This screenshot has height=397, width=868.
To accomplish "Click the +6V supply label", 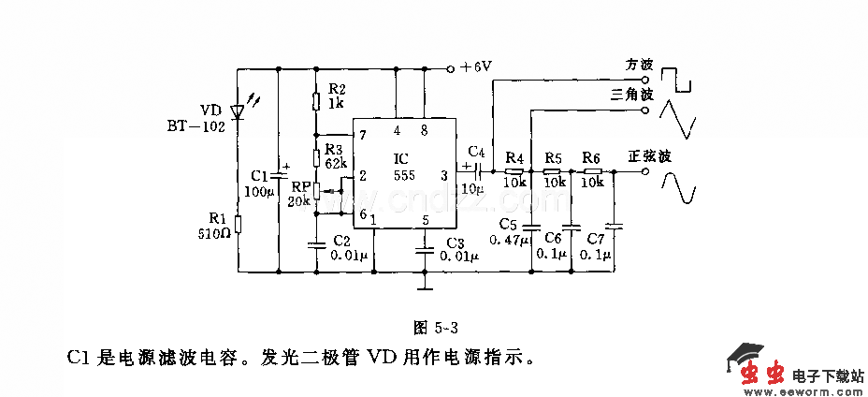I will tap(475, 67).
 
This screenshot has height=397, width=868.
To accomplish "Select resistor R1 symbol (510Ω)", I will tap(238, 224).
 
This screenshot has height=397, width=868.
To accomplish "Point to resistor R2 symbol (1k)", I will tap(317, 101).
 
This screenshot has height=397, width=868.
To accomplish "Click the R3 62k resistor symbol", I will tap(317, 155).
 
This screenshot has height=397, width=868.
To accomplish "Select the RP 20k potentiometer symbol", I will tap(317, 191).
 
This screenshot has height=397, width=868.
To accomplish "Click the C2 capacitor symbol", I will tap(317, 245).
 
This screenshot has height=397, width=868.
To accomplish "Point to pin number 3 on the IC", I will tap(443, 174).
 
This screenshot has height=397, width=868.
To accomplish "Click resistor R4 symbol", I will tap(513, 171).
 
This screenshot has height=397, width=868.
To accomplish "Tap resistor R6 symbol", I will tap(591, 171).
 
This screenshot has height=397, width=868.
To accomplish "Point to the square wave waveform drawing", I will tap(678, 77).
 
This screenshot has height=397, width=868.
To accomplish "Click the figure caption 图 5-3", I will tap(434, 328).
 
